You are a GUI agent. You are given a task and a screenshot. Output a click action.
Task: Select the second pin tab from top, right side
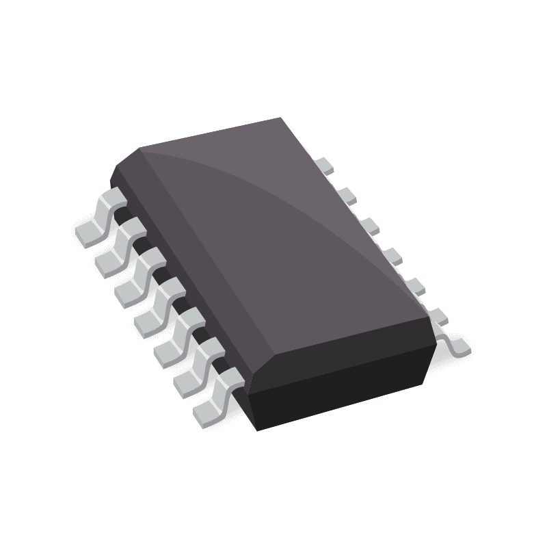click(x=348, y=194)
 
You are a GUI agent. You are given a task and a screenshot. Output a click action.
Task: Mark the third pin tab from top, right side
click(x=371, y=224)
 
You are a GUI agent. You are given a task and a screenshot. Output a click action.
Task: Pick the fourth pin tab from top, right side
click(x=392, y=255)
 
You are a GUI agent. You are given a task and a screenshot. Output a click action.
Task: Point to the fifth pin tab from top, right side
click(x=414, y=284)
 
